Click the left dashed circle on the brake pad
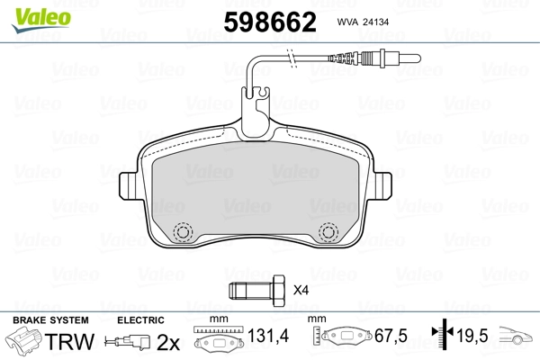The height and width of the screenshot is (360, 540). [x=184, y=232]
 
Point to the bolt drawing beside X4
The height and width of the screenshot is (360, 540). [x=256, y=291]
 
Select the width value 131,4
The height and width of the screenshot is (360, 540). [x=268, y=337]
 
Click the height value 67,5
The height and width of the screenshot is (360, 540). [x=390, y=337]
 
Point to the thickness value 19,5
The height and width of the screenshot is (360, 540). [x=472, y=337]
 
